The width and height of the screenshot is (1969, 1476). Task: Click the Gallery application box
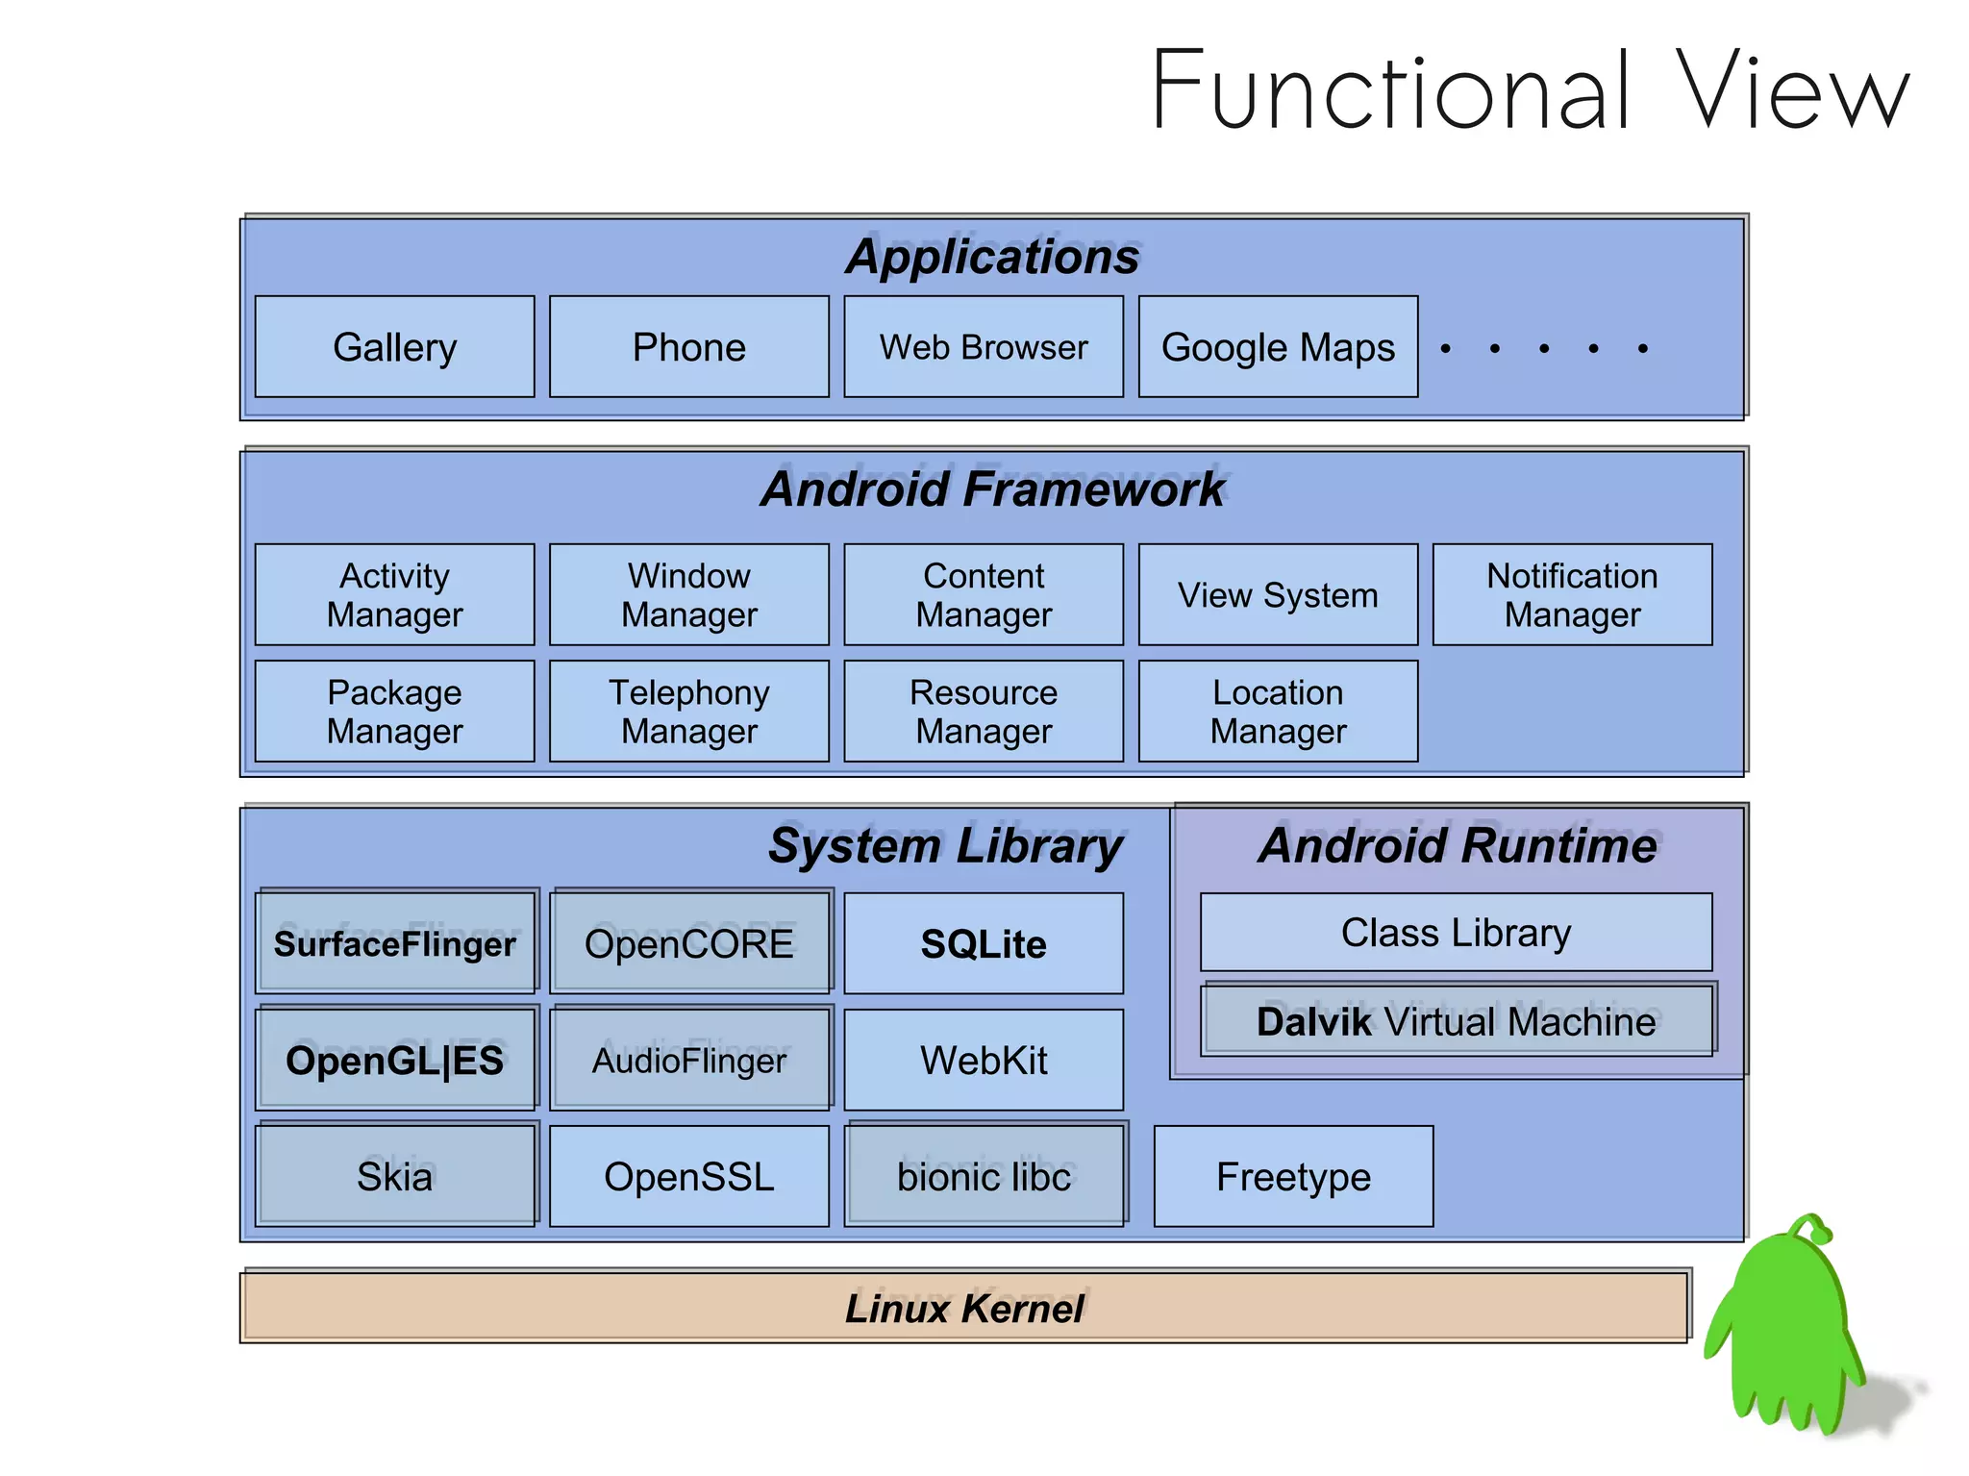(x=394, y=347)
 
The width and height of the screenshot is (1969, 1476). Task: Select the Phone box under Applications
(x=688, y=347)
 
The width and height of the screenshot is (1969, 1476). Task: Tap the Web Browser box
(x=983, y=347)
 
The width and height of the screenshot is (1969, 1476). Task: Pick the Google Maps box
(x=1278, y=347)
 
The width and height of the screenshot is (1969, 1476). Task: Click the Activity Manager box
(x=394, y=595)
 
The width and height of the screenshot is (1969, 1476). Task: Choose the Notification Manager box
(x=1572, y=595)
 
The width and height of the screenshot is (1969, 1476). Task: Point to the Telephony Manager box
(x=688, y=712)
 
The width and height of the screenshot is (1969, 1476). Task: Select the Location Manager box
(x=1278, y=712)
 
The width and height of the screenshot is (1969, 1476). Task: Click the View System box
(x=1278, y=595)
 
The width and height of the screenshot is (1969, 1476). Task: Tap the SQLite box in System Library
(x=983, y=944)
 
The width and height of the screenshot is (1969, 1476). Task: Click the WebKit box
(x=983, y=1061)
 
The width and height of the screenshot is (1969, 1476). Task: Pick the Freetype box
(x=1293, y=1177)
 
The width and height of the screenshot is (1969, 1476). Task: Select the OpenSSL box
(x=688, y=1177)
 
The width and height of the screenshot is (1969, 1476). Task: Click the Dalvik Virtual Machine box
(x=1456, y=1021)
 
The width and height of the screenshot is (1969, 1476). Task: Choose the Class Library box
(x=1456, y=933)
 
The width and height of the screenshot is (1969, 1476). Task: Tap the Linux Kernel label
(x=964, y=1309)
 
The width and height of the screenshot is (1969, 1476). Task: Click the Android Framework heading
(x=992, y=488)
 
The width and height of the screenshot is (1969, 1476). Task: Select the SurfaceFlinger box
(x=394, y=944)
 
